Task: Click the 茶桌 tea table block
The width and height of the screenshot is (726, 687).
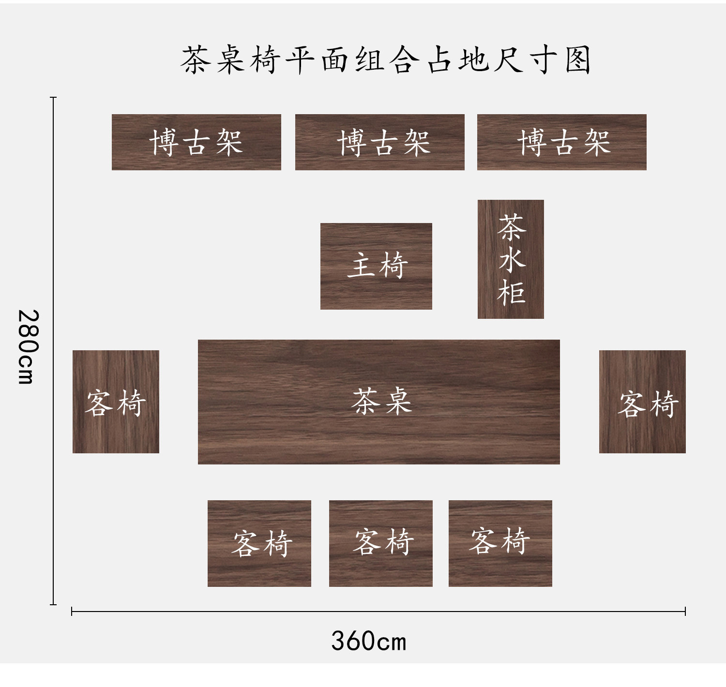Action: tap(378, 402)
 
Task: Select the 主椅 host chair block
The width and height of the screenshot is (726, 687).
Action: tap(376, 266)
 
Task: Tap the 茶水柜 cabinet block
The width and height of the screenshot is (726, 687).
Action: tap(511, 259)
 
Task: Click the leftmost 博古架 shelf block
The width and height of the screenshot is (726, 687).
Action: tap(196, 142)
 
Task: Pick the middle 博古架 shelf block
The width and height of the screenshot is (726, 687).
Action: tap(379, 142)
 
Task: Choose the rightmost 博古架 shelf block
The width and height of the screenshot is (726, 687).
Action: tap(561, 142)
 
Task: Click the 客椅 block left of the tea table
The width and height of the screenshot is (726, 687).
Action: tap(116, 402)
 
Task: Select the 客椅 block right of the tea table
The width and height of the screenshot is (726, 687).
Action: tap(642, 402)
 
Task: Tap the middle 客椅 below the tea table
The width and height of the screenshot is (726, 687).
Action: tap(380, 543)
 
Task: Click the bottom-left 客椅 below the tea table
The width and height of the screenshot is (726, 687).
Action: tap(259, 543)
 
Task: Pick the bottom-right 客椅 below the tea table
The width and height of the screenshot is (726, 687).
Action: tap(500, 543)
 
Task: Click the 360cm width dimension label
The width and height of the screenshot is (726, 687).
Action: tap(369, 641)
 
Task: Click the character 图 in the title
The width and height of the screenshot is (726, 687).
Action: tap(578, 60)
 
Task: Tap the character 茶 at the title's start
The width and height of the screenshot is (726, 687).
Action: tap(196, 60)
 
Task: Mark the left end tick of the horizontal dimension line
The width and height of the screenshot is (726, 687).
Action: tap(72, 612)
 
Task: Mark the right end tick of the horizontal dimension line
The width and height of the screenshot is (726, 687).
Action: tap(685, 612)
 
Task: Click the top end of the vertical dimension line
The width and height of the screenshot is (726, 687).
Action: tap(53, 98)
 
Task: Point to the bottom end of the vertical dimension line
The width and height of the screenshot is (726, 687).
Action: tap(53, 604)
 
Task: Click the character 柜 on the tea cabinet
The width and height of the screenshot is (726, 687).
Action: tap(511, 293)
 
